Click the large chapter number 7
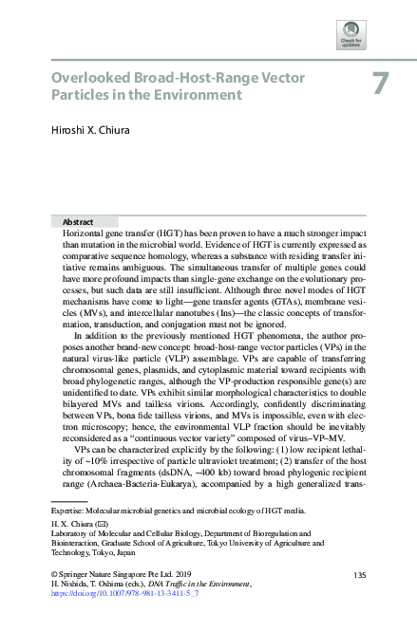(380, 84)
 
